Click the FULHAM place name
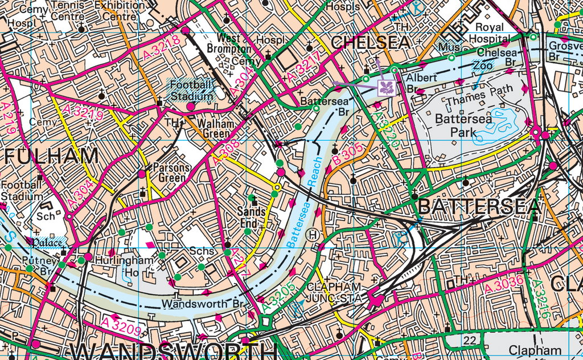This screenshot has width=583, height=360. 50,156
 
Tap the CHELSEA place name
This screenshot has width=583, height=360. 370,43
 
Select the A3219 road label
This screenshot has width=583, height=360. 83,112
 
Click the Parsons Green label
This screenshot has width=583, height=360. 171,173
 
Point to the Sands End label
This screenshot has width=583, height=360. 251,217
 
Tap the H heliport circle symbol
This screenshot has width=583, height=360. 313,234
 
